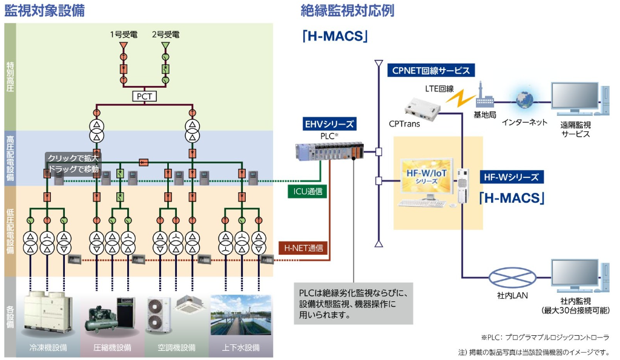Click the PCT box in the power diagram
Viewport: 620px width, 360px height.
coord(145,96)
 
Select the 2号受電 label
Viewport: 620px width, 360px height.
coord(166,34)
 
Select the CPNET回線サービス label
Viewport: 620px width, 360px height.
coord(431,70)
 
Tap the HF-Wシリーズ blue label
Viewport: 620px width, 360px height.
coord(512,177)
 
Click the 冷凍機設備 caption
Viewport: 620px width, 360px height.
coord(48,348)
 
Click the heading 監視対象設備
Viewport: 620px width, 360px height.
coord(45,10)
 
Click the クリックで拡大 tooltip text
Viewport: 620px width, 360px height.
coord(73,158)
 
